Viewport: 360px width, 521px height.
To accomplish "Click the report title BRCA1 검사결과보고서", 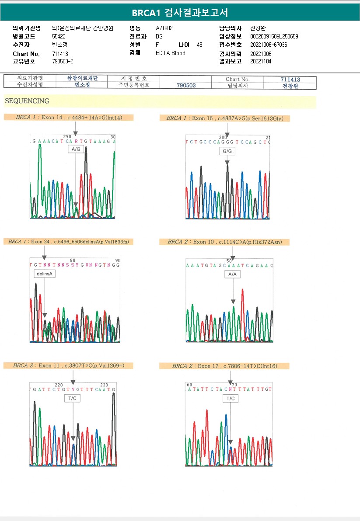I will pyautogui.click(x=180, y=13).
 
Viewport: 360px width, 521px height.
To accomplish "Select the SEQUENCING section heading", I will pyautogui.click(x=27, y=101).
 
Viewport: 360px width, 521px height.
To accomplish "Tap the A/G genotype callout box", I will pyautogui.click(x=76, y=149).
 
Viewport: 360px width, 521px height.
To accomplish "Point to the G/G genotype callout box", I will pyautogui.click(x=227, y=151).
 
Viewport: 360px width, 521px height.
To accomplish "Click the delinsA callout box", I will pyautogui.click(x=45, y=274).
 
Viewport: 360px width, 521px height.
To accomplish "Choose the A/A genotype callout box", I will pyautogui.click(x=233, y=274).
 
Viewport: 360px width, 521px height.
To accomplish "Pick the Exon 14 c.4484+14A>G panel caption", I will pyautogui.click(x=68, y=118).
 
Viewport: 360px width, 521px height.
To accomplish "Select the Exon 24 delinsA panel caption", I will pyautogui.click(x=68, y=242).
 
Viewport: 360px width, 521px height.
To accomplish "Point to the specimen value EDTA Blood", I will pyautogui.click(x=171, y=53).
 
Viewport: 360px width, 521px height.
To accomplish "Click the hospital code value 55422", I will pyautogui.click(x=59, y=36).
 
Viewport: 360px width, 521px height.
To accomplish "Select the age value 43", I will pyautogui.click(x=200, y=45).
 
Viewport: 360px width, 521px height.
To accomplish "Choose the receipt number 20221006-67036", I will pyautogui.click(x=269, y=45).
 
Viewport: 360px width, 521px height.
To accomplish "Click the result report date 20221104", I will pyautogui.click(x=261, y=61).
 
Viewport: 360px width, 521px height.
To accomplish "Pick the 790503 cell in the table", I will pyautogui.click(x=186, y=86).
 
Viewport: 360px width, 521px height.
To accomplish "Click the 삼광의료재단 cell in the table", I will pyautogui.click(x=82, y=78).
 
